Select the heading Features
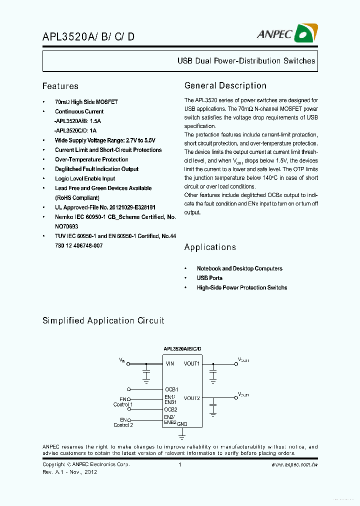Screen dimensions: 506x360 point(60,86)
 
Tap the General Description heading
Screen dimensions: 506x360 point(225,85)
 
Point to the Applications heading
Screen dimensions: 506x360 point(210,247)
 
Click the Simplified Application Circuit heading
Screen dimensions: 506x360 point(103,320)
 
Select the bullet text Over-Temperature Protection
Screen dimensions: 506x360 point(91,159)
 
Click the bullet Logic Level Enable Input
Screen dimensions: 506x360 point(85,178)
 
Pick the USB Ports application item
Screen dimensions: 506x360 point(209,278)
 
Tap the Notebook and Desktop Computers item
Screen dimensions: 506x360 point(239,268)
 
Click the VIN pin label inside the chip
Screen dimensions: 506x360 point(170,363)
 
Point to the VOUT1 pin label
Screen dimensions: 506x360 point(191,363)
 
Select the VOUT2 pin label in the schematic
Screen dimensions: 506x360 point(191,398)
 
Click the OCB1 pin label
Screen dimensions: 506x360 point(171,389)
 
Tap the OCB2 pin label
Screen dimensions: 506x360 point(171,409)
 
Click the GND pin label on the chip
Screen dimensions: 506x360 point(182,423)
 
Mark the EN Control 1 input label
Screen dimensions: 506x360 point(123,401)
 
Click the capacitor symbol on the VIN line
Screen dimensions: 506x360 point(146,373)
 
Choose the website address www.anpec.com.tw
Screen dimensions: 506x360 point(294,464)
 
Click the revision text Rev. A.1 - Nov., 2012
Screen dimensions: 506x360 point(69,472)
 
